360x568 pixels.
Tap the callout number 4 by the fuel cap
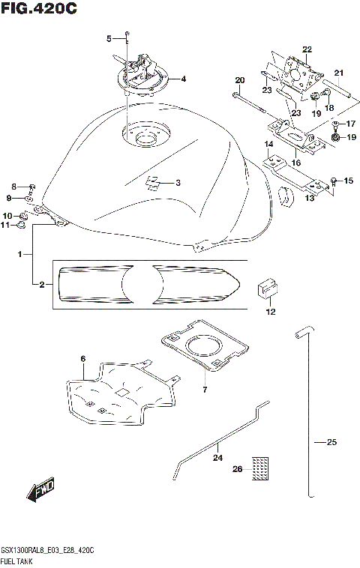[x=183, y=79]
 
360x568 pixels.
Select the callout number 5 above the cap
[x=109, y=38]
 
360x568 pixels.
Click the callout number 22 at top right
[x=307, y=49]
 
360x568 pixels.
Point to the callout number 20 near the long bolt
[x=240, y=80]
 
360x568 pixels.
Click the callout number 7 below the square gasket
[x=204, y=389]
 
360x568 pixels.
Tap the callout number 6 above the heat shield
[x=83, y=359]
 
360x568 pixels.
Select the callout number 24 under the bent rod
[x=217, y=457]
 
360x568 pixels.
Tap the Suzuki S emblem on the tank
[x=152, y=182]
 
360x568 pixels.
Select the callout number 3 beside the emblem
[x=178, y=182]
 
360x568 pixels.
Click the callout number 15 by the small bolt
[x=347, y=181]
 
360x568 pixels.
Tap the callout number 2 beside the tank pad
[x=42, y=285]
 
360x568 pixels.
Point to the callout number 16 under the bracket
[x=296, y=162]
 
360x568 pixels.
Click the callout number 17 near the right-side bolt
[x=349, y=123]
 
